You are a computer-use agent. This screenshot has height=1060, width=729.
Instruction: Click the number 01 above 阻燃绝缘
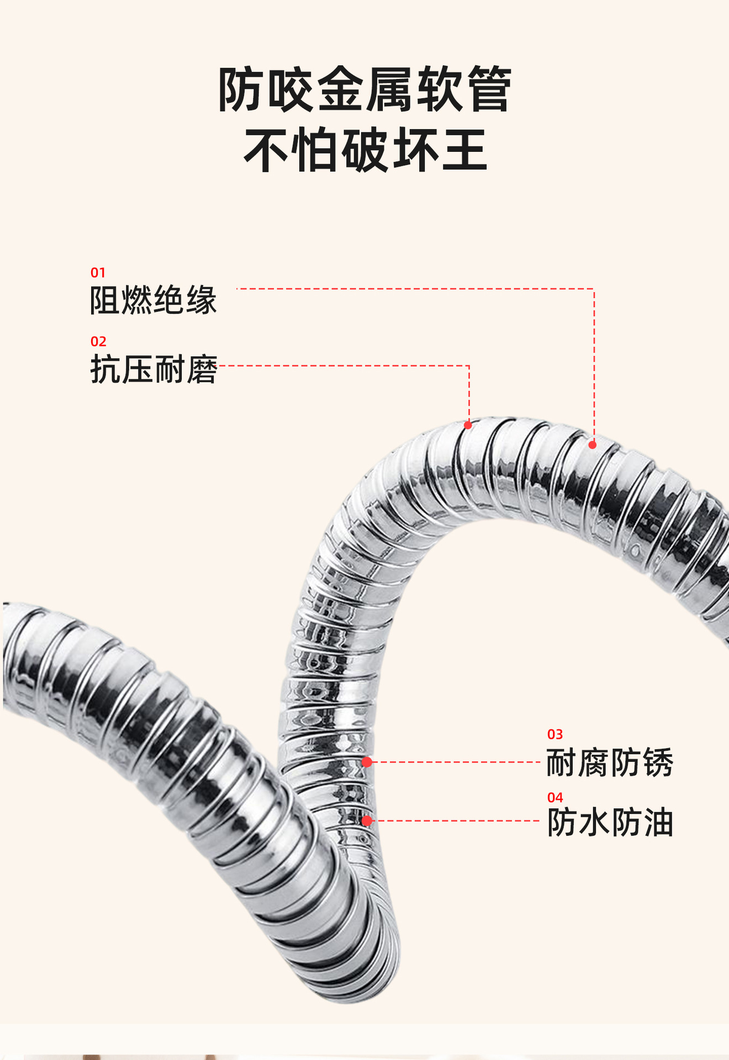coord(98,272)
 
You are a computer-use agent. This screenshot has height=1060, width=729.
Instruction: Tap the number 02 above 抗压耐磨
coord(98,341)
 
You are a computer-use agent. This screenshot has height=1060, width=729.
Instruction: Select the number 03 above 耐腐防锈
coord(555,734)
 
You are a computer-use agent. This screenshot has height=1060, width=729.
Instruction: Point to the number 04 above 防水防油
coord(555,797)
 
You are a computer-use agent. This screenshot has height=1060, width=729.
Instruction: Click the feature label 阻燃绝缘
coord(154,300)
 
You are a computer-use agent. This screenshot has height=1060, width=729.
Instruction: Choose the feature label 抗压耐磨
coord(154,369)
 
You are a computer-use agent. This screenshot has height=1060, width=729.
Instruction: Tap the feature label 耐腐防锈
coord(610,763)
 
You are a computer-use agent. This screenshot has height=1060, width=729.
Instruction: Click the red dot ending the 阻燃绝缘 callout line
coord(593,445)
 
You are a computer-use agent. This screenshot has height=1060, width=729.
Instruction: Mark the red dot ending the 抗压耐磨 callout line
coord(468,425)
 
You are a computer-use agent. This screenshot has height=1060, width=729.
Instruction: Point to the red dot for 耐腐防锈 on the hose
coord(367,762)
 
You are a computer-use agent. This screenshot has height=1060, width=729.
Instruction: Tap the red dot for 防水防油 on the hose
coord(367,821)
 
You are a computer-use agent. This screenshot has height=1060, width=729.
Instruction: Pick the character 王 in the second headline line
coord(464,150)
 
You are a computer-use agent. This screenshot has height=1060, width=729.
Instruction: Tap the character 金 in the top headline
coord(341,89)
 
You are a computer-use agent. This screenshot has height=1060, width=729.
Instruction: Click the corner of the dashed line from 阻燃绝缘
coord(594,289)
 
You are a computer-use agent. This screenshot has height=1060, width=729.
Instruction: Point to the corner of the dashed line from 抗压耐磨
coord(469,365)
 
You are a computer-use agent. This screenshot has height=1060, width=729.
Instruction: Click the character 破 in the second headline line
coord(366,150)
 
